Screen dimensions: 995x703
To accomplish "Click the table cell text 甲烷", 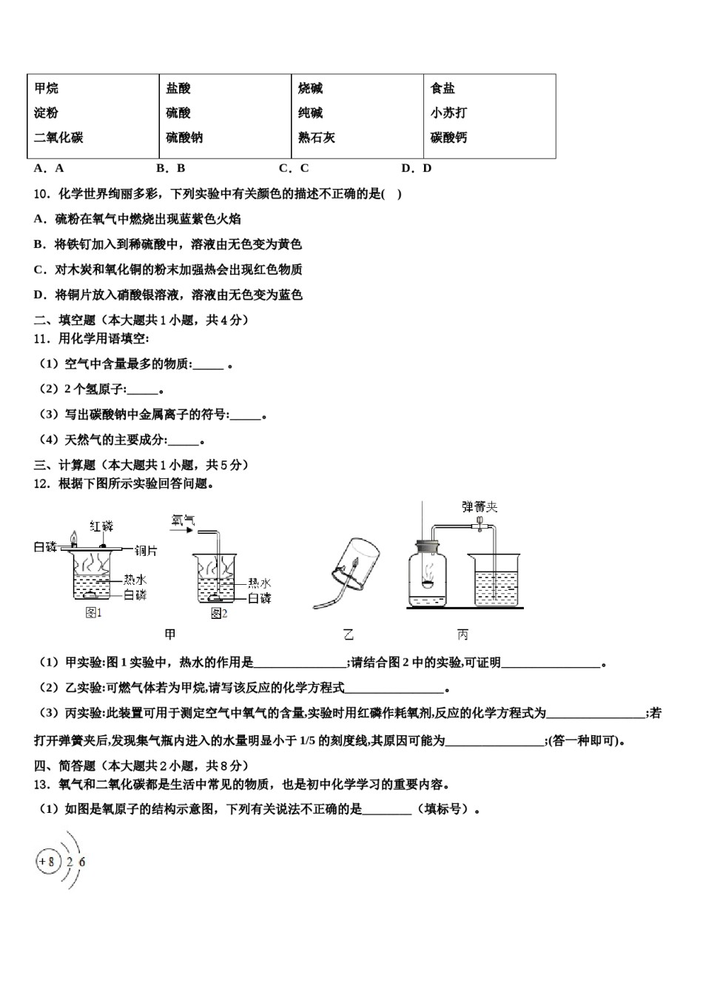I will point(46,89).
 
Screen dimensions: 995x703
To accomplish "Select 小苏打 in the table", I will point(448,113).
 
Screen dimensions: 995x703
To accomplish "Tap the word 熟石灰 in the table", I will point(317,138).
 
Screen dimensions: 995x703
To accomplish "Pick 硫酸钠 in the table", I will point(184,138).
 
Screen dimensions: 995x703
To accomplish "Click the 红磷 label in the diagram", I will point(101,526).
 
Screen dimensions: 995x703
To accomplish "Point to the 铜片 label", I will point(146,550).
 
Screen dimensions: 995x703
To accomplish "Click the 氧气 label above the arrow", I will point(181,520).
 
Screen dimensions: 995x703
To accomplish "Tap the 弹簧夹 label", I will point(480,507).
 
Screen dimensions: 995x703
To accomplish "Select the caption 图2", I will point(219,613).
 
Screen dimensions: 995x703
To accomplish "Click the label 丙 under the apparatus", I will point(463,634).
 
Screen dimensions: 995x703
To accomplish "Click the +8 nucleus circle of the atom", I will point(47,861).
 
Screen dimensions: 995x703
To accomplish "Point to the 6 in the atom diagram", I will point(81,862).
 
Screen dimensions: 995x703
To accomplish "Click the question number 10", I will point(41,194).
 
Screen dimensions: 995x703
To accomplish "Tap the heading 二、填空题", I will point(65,320).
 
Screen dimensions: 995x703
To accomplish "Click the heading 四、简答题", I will point(65,766).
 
